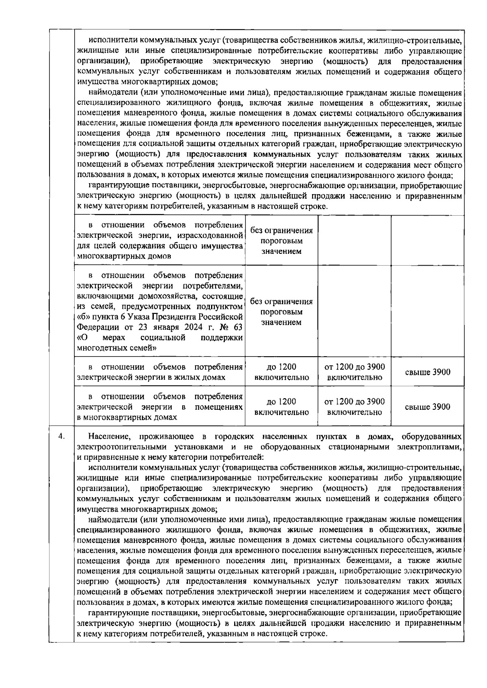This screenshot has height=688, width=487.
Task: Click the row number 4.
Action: pos(61,437)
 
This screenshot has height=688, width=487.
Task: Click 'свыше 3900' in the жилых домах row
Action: pos(427,372)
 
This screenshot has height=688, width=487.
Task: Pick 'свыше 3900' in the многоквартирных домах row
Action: pos(427,407)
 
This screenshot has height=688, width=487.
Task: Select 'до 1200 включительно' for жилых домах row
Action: pos(281,372)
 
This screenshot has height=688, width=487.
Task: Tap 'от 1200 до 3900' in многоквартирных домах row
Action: pos(355,402)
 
